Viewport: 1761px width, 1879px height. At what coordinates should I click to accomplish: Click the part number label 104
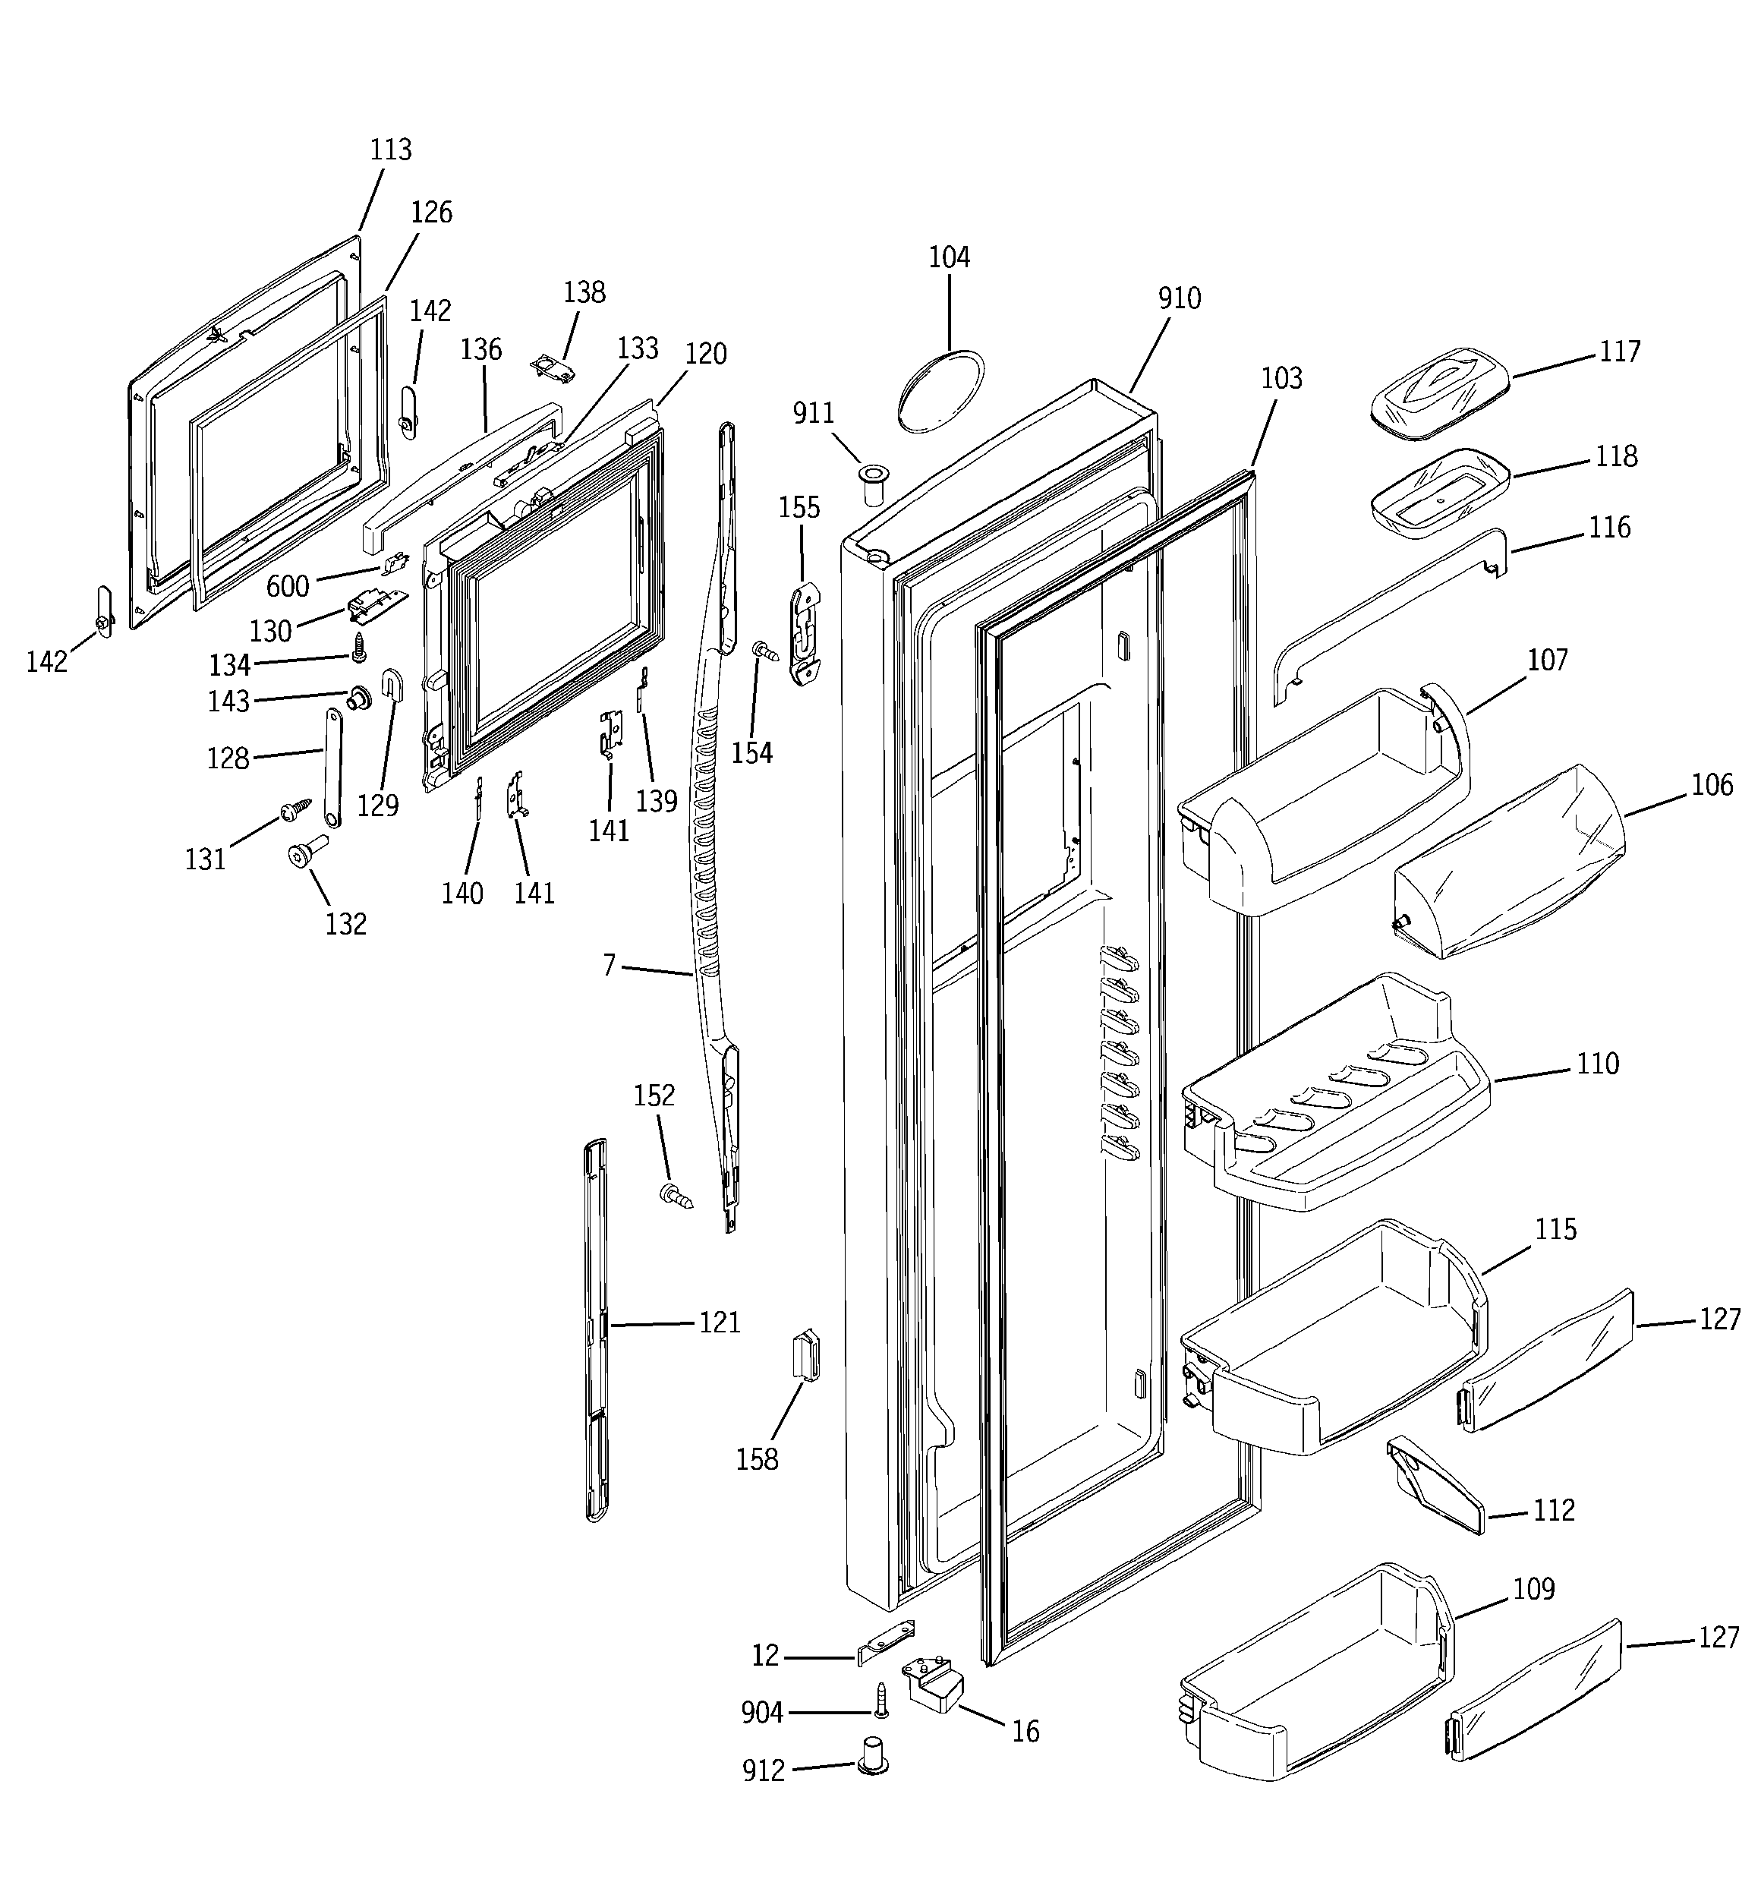coord(949,257)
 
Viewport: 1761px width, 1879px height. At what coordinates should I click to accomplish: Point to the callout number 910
coord(1179,298)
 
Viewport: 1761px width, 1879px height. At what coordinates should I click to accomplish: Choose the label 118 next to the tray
coord(1615,456)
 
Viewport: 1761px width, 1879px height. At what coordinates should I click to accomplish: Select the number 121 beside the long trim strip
coord(720,1323)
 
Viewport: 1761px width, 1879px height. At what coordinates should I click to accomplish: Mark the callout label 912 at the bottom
coord(764,1771)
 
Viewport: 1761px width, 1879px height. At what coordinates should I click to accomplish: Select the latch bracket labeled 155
coord(805,632)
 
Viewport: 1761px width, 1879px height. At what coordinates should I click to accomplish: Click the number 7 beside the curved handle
coord(610,965)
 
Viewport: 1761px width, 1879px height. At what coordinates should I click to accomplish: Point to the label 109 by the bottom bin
coord(1533,1589)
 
